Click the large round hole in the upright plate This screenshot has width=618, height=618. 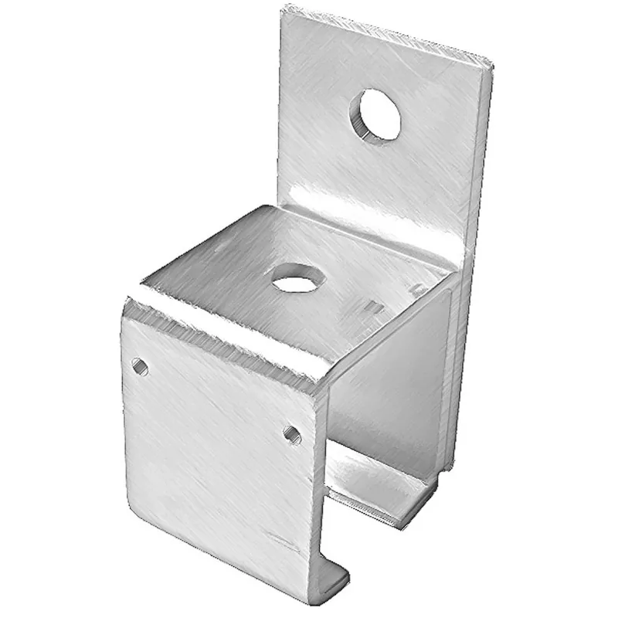coord(379,114)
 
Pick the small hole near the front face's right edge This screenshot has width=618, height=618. coord(291,434)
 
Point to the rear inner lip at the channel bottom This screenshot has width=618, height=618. coord(386,502)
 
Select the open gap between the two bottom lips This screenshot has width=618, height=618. coord(363,541)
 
